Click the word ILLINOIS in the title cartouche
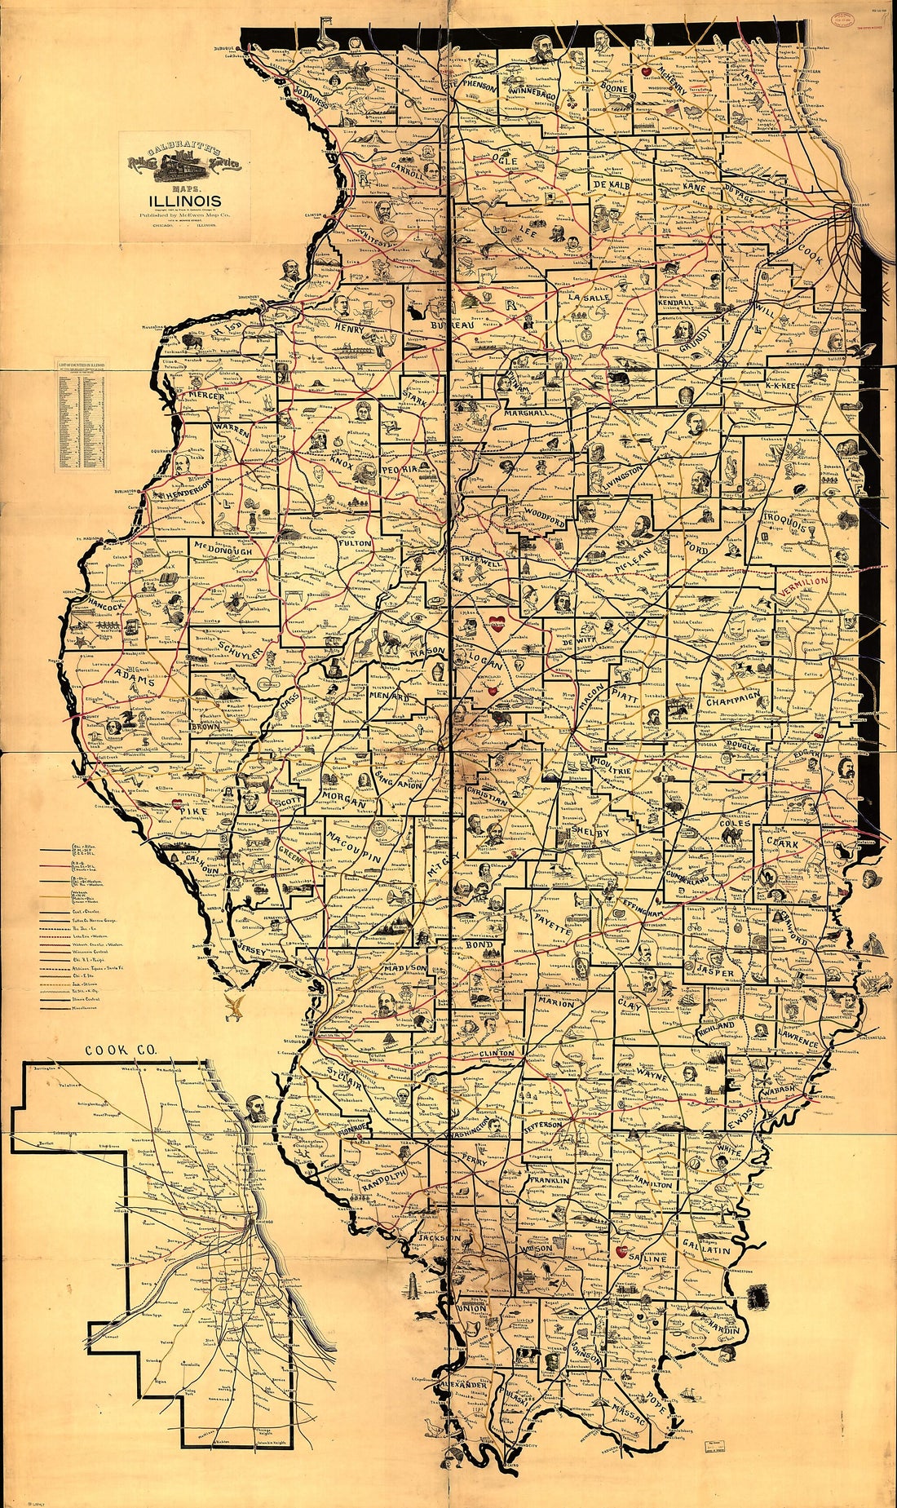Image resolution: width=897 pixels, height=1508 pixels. (x=184, y=201)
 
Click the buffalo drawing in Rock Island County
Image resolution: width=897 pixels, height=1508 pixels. (x=194, y=338)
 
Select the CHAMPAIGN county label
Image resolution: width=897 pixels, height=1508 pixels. (x=732, y=700)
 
